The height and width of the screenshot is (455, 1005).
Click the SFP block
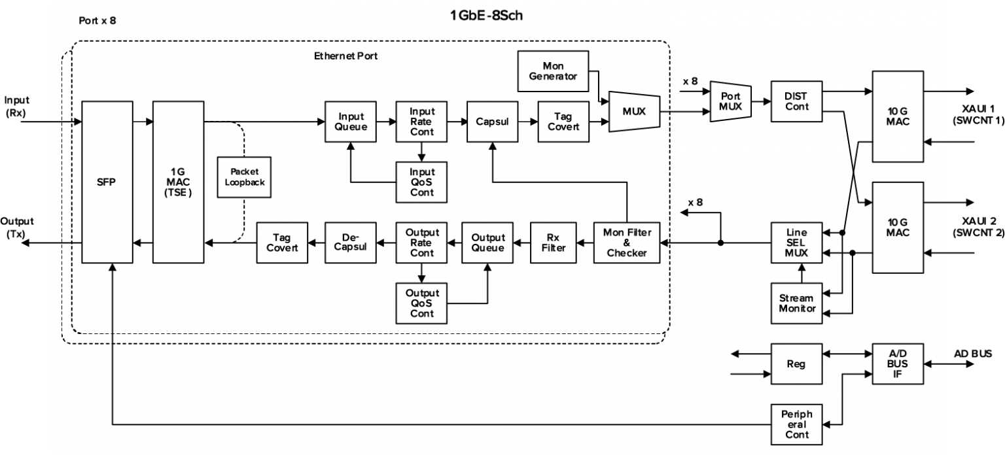107,182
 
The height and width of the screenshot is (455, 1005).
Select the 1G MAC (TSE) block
179,182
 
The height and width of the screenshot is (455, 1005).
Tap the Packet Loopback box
245,177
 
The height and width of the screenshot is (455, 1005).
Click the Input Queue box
351,122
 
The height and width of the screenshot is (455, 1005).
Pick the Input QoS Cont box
421,182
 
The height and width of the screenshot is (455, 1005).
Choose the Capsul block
492,122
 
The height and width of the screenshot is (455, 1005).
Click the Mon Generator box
552,71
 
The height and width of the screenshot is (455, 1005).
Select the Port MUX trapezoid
730,101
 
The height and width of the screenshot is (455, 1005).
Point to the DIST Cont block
796,101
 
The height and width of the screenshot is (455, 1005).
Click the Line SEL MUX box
796,243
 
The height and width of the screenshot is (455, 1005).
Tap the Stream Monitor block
796,303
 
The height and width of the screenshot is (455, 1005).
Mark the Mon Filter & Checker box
627,243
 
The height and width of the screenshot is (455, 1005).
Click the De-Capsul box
351,243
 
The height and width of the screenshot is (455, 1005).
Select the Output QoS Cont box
421,303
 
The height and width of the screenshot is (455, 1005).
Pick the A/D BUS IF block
898,364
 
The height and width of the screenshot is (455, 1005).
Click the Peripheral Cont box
796,424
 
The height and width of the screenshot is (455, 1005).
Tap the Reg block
796,364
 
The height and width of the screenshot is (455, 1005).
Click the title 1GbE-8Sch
486,16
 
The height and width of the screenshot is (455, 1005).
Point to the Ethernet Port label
345,56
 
